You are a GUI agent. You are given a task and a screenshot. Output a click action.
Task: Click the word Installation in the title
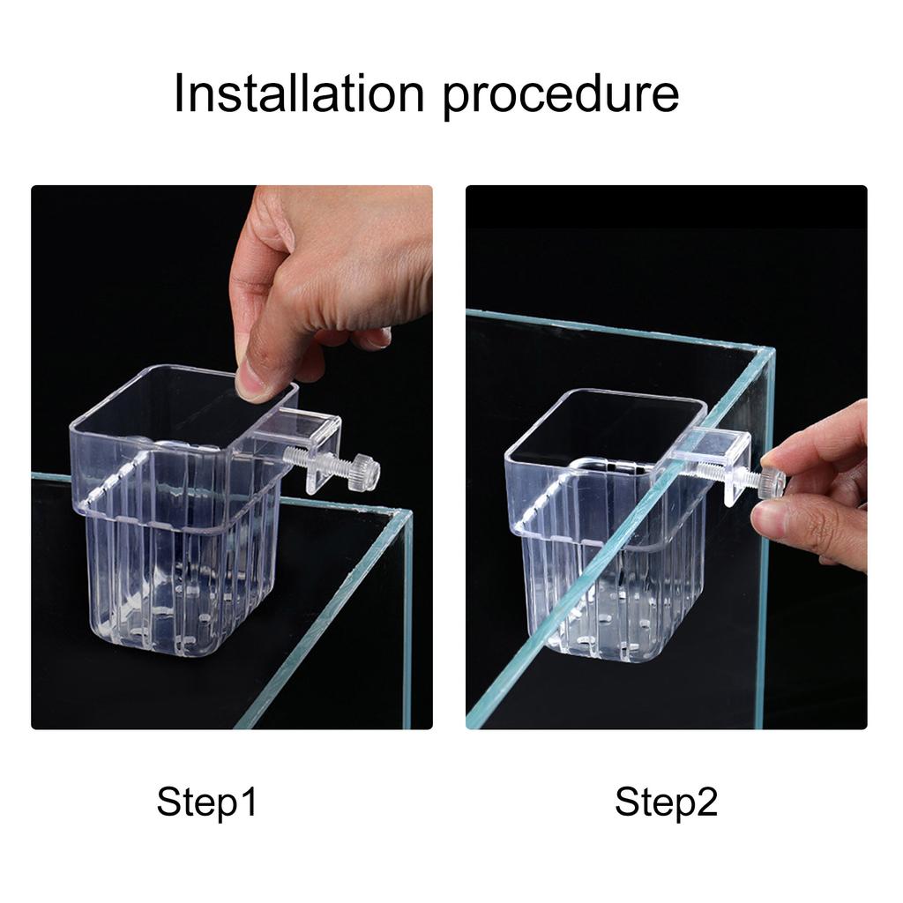[298, 93]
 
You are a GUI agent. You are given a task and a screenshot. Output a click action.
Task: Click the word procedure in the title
[560, 95]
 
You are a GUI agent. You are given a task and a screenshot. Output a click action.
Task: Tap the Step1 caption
[207, 802]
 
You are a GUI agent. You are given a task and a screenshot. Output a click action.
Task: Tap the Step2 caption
[666, 802]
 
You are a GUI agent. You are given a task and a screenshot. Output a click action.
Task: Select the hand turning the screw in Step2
[820, 494]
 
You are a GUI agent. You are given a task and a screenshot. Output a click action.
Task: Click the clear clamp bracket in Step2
[714, 459]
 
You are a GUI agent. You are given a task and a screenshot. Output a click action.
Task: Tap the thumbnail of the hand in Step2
[769, 520]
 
